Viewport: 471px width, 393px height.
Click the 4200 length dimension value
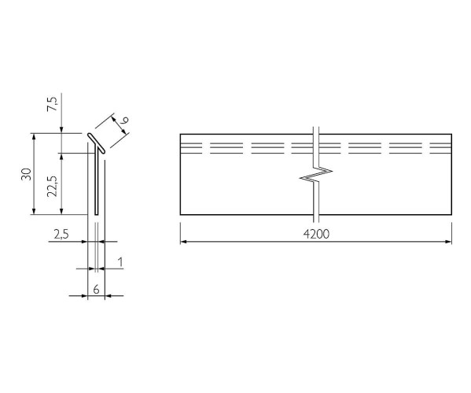(316, 234)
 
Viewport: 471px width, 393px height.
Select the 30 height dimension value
(27, 174)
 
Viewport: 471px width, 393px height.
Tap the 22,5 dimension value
(52, 186)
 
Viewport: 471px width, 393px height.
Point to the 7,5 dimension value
(52, 105)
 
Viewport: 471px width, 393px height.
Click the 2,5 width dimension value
(61, 234)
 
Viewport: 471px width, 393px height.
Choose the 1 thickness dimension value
(120, 262)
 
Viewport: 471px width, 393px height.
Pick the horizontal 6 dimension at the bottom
(96, 290)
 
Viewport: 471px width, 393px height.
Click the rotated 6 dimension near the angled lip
(124, 120)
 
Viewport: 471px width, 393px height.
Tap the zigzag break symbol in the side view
(315, 174)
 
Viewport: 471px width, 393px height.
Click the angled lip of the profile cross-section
(96, 143)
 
